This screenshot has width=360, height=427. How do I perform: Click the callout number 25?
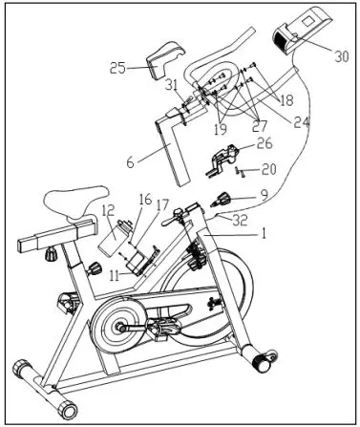[117, 68]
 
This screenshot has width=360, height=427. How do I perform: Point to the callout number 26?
[265, 144]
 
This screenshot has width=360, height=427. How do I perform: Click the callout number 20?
[268, 169]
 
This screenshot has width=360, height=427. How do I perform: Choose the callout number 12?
[109, 210]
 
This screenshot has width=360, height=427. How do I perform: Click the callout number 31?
[173, 85]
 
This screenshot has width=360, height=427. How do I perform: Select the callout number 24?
[303, 121]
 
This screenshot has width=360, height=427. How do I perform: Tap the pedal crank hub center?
[121, 326]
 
